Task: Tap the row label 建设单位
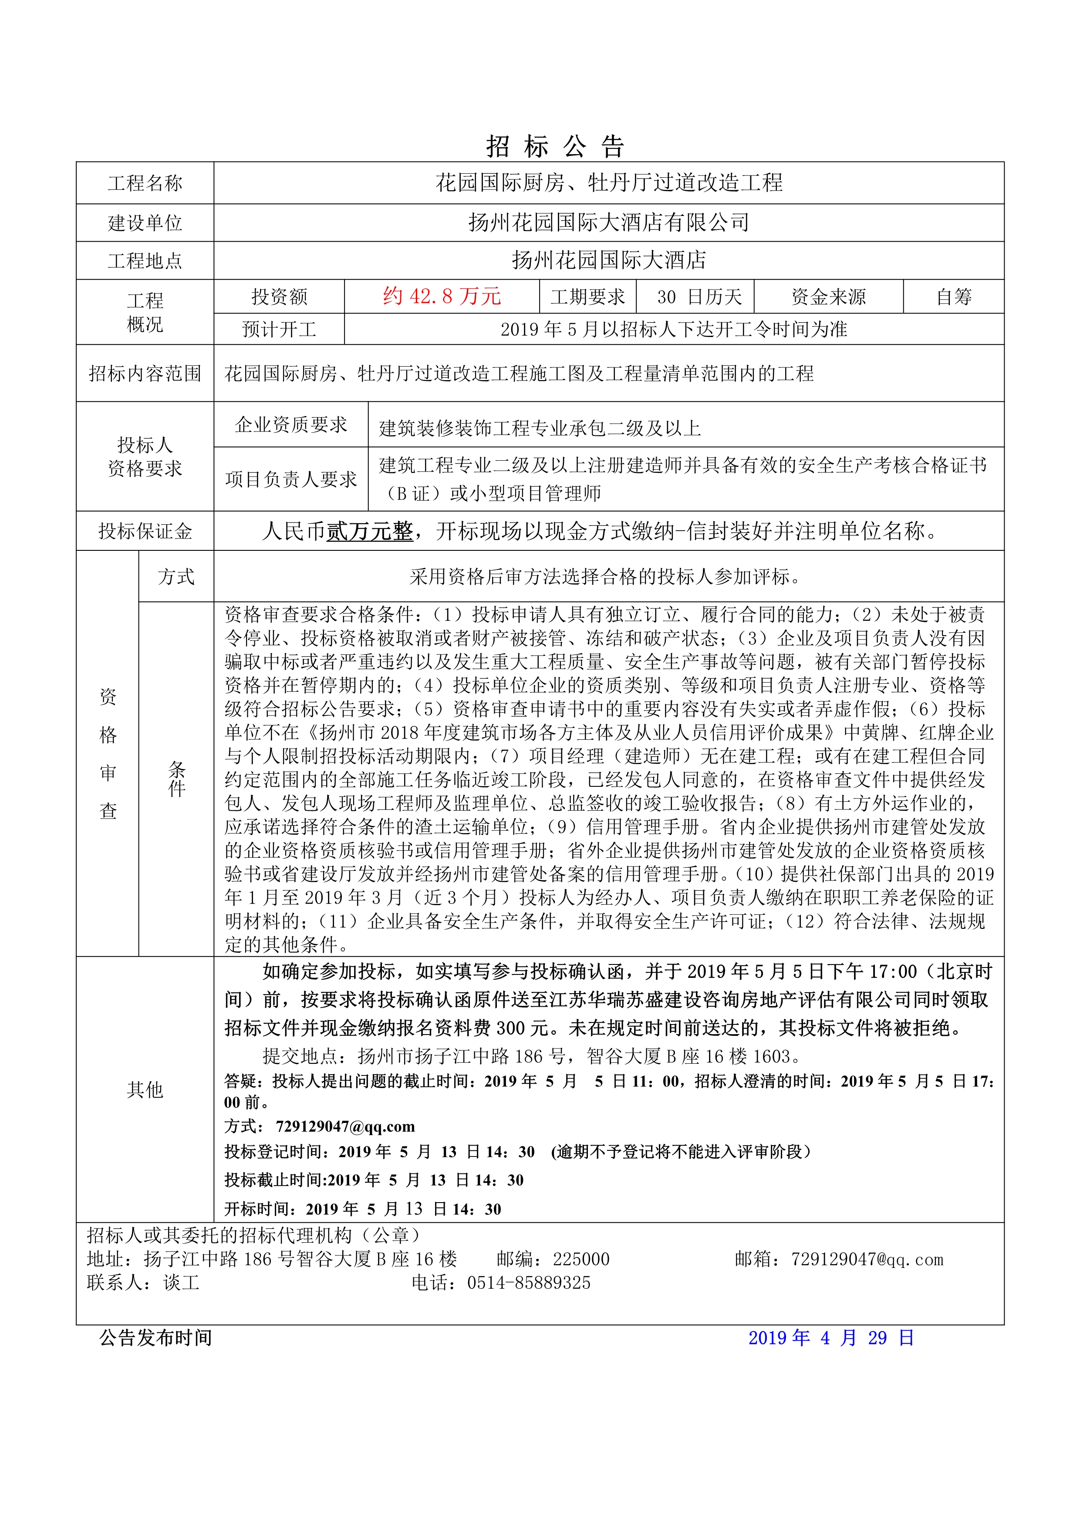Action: coord(145,223)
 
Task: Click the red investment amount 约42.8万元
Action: coord(442,297)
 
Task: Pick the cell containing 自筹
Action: coord(954,297)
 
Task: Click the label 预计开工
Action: coord(279,329)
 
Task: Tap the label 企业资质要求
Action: coord(291,425)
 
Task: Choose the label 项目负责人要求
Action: coord(291,479)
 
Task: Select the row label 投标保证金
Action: coord(145,531)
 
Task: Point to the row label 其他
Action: coord(145,1089)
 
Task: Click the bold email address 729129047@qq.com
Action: coord(345,1126)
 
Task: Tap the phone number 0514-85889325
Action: coord(529,1283)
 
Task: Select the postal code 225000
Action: coord(581,1259)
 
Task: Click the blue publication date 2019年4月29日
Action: coord(831,1338)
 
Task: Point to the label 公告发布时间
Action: coord(155,1338)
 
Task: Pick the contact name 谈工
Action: coord(181,1283)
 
